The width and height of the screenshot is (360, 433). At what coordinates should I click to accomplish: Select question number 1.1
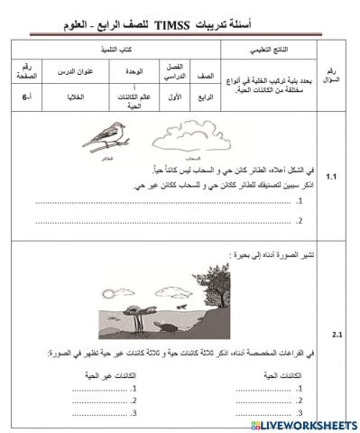point(333,176)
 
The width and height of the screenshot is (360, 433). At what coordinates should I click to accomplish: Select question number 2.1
point(337,334)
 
